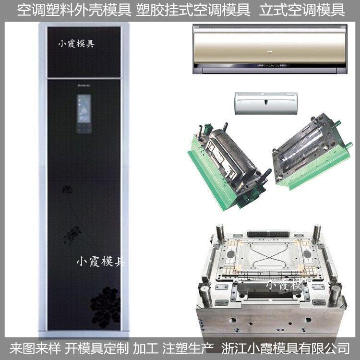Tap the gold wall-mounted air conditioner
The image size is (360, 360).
[269, 49]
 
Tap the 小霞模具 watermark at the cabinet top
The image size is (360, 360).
[76, 44]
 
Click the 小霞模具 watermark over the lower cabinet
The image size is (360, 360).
[101, 262]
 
